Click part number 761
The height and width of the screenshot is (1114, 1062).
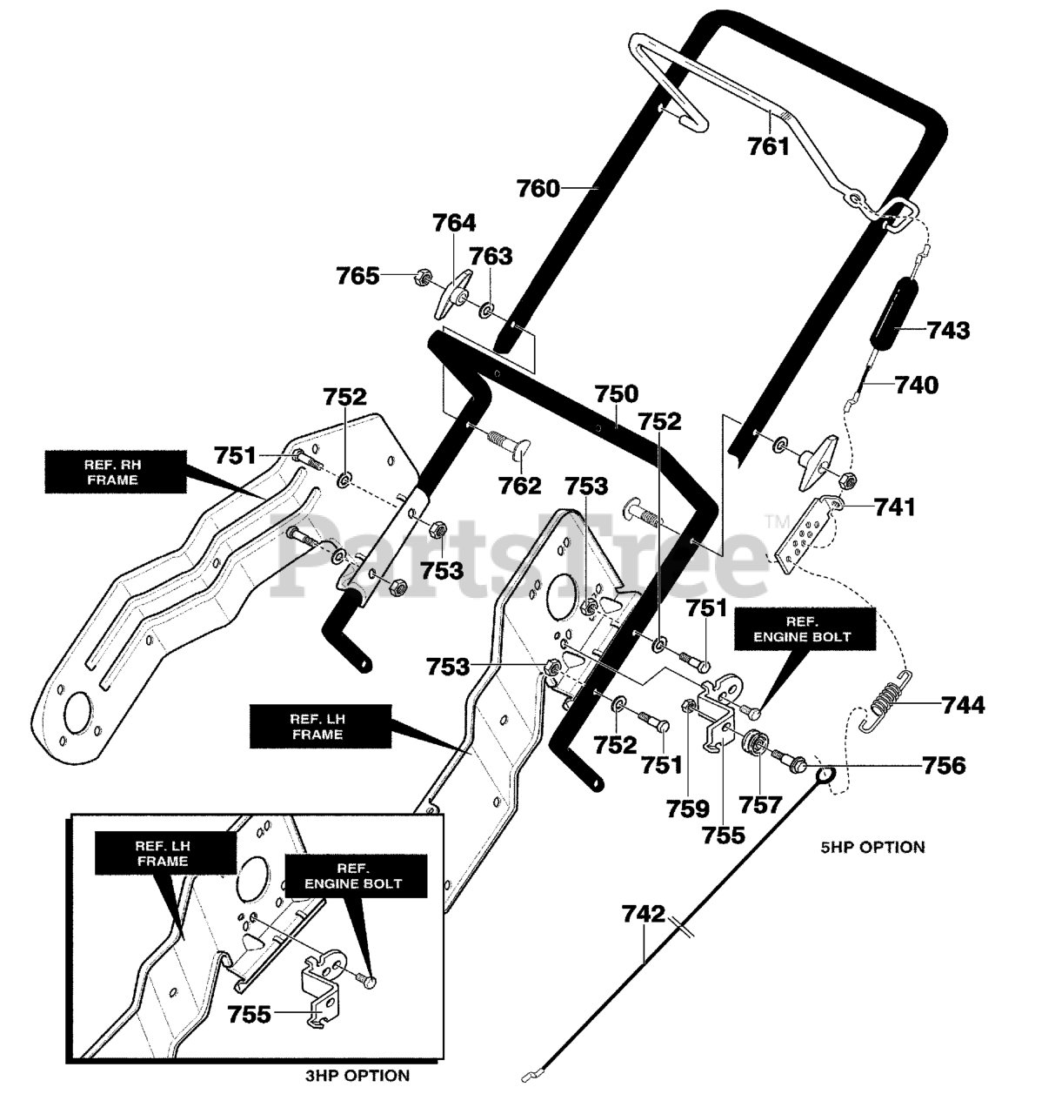768,146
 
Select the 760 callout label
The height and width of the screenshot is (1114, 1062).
538,188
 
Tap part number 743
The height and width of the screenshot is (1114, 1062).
948,330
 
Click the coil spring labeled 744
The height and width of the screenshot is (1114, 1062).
887,702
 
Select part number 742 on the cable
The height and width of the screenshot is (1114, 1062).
643,914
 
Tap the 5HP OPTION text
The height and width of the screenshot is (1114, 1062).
872,847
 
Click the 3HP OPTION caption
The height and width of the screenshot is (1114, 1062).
357,1076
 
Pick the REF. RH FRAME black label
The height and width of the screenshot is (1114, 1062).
116,472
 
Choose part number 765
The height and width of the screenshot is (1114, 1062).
357,276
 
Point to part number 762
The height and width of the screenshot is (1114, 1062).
519,486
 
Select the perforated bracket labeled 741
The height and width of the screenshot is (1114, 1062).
808,534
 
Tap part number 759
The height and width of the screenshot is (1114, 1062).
688,809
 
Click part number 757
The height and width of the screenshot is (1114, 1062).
760,804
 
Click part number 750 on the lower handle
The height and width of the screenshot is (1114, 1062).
617,393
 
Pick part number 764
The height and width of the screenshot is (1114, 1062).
454,223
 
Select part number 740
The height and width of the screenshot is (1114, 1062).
917,386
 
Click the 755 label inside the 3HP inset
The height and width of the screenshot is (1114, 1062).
250,1014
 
